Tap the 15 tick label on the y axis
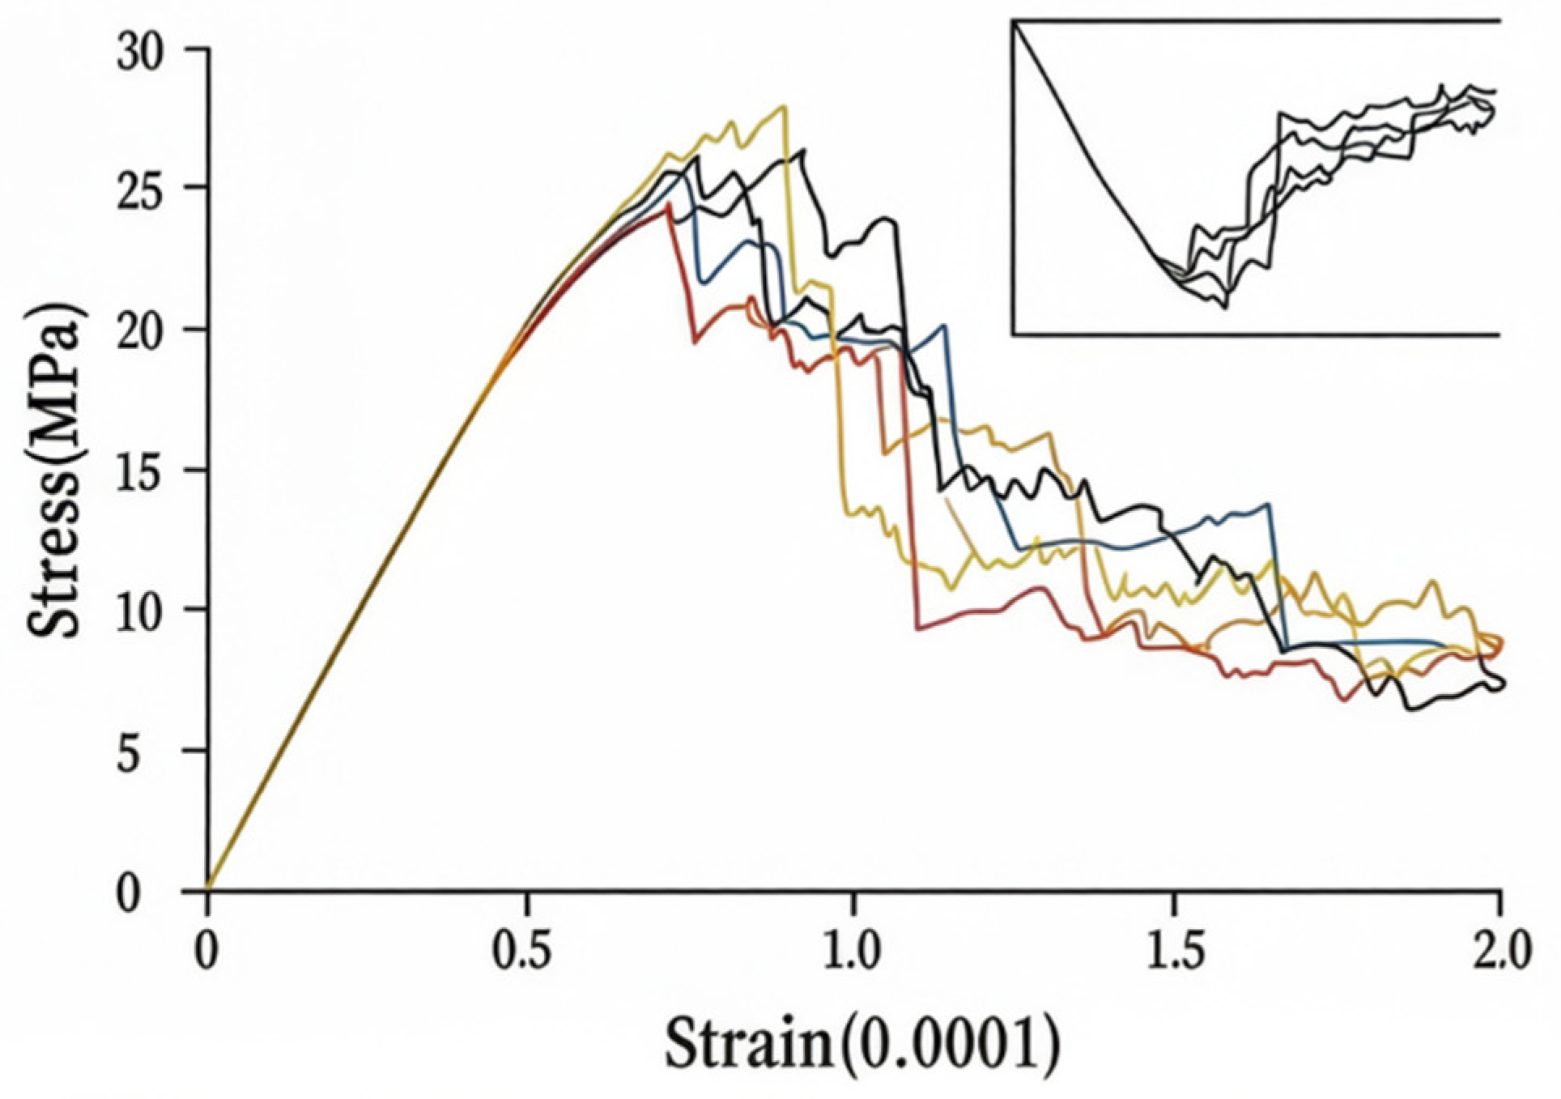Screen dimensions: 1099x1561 [140, 473]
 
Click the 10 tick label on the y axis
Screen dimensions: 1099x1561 [140, 613]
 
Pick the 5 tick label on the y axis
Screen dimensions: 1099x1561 [151, 752]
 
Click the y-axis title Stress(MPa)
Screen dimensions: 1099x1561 [55, 471]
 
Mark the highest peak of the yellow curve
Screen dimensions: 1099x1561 [782, 107]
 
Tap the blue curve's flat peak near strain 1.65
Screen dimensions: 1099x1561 [1268, 505]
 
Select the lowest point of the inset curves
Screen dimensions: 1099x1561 [1224, 308]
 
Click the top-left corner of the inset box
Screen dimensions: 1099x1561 [1013, 22]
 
